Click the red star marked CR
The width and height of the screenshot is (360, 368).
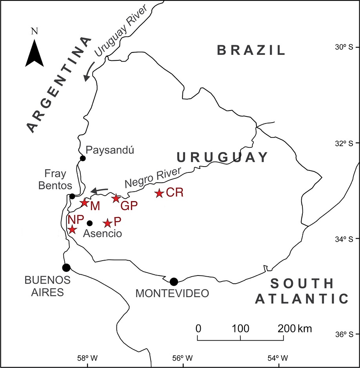[x=159, y=193]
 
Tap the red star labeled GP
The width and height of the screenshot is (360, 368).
[x=116, y=198]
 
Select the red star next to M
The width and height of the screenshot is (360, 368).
[x=84, y=203]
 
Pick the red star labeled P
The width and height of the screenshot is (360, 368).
[x=107, y=223]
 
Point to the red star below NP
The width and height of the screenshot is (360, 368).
[x=72, y=230]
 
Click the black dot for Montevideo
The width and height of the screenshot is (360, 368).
[x=174, y=281]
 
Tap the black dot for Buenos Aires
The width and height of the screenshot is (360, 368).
[x=66, y=268]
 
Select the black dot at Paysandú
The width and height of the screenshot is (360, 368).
[x=83, y=158]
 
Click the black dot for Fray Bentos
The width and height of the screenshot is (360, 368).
[x=72, y=196]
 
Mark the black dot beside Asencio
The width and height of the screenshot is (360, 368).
[x=89, y=223]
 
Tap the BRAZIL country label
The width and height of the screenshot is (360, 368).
[x=251, y=50]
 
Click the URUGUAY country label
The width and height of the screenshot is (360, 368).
[x=222, y=157]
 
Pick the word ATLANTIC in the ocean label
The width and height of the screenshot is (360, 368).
[x=302, y=299]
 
